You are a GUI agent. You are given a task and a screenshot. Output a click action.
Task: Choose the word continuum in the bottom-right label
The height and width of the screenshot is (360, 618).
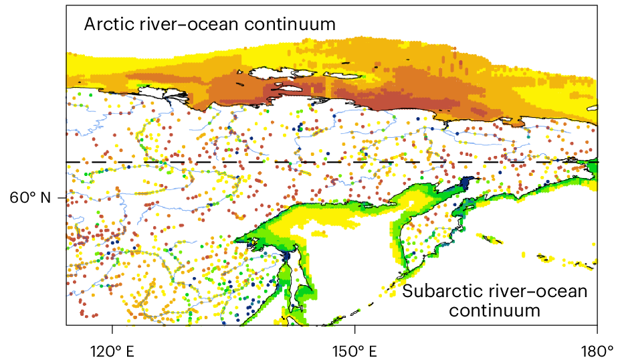[494, 310]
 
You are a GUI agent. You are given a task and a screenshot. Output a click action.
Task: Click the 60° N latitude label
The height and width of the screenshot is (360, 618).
[31, 197]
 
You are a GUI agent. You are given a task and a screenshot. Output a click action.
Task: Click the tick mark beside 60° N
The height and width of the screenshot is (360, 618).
[62, 197]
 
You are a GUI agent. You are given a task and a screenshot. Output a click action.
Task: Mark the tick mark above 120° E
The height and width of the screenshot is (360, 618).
[112, 329]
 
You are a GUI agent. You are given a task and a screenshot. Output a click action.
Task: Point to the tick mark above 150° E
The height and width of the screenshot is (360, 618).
[354, 329]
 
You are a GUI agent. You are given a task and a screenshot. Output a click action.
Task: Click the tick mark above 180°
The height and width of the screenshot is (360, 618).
[597, 329]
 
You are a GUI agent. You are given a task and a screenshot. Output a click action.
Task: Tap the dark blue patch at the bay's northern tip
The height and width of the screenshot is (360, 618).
[466, 183]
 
